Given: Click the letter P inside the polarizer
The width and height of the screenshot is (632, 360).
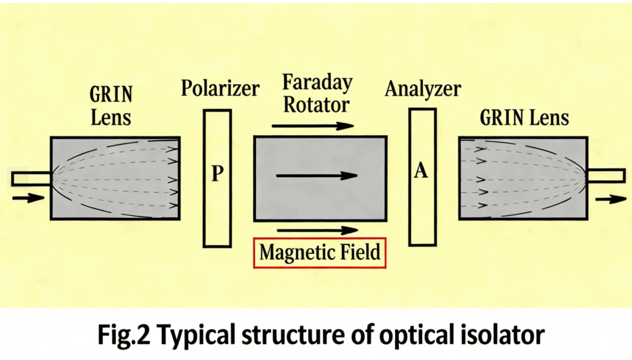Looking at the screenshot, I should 217,174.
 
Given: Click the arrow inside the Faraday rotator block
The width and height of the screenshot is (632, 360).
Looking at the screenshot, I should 317,175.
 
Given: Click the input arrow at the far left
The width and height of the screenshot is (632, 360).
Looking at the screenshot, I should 28,198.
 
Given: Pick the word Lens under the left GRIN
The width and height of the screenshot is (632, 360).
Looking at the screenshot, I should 111,118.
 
